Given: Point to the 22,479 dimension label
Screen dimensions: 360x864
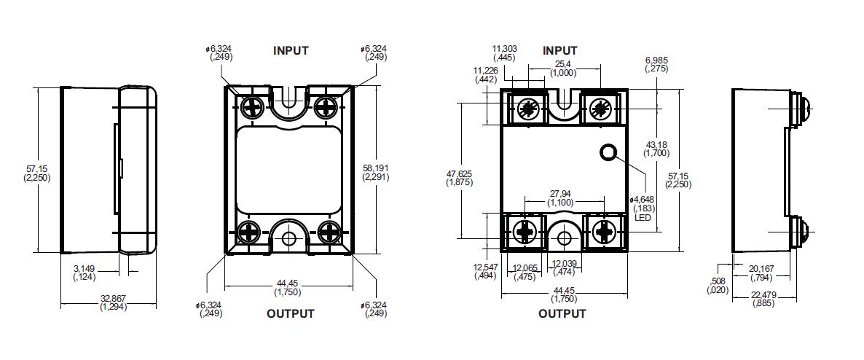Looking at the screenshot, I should point(763,299).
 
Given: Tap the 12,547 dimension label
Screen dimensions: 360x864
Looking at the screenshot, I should point(486,271).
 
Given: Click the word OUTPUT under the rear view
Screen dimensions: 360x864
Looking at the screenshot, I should point(290,313).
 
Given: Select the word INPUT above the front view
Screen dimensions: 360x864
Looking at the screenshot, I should point(559,50).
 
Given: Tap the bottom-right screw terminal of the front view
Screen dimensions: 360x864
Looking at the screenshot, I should point(604,232).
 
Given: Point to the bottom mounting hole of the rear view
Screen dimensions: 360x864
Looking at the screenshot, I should point(289,238).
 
